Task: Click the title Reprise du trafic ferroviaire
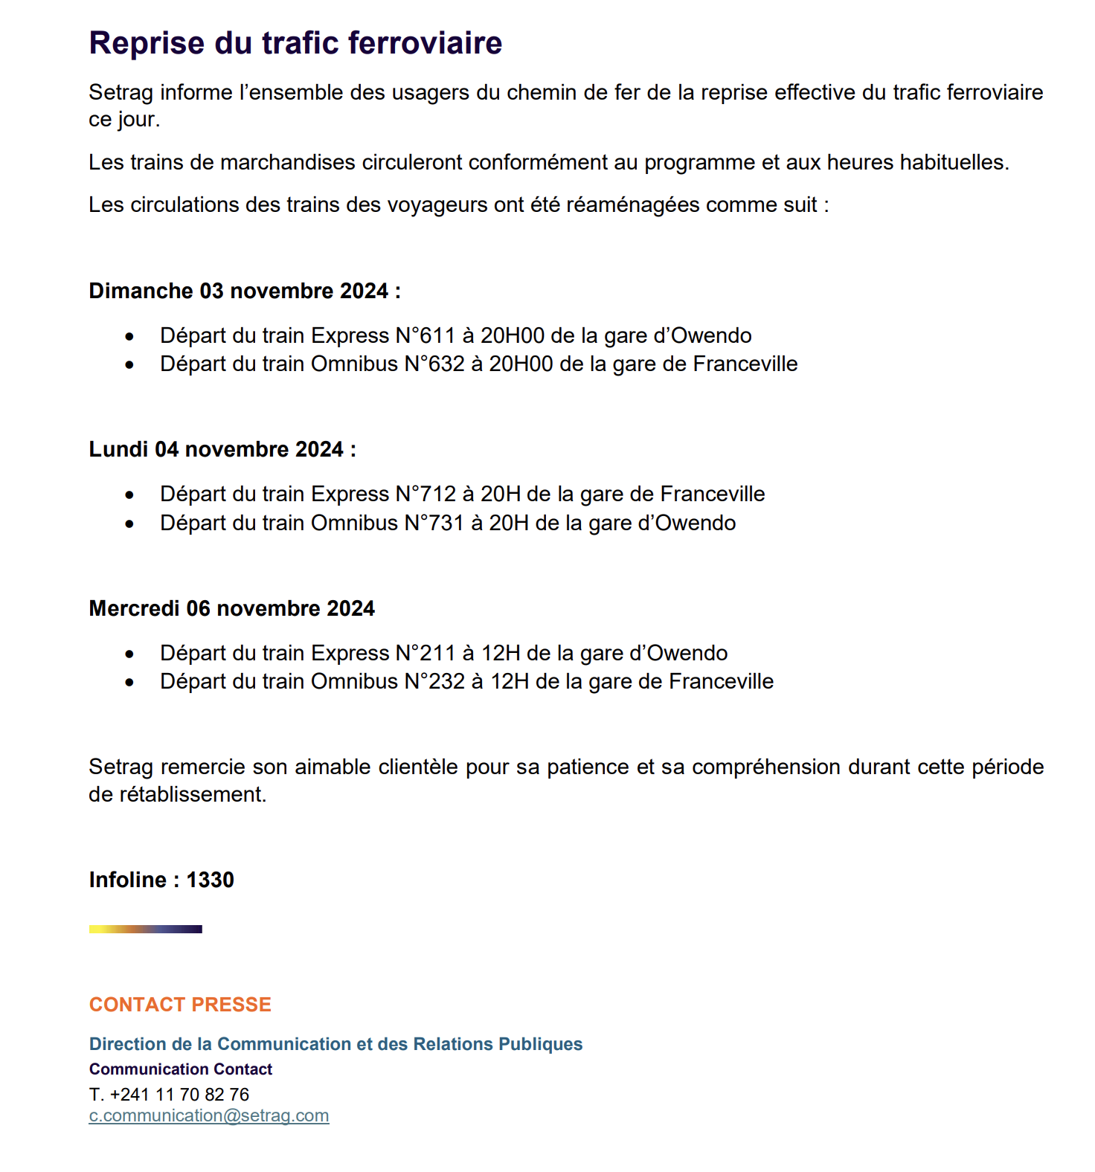(295, 43)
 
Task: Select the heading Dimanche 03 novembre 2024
(244, 291)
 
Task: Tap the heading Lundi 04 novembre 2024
(222, 449)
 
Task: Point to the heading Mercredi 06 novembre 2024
(231, 608)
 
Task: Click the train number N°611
(425, 335)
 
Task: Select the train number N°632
(434, 364)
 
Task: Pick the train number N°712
(425, 494)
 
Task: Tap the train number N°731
(434, 523)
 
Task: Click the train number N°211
(425, 653)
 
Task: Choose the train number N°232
(434, 681)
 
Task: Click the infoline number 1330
(210, 880)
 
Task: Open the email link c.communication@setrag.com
(209, 1115)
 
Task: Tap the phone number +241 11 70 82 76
(179, 1094)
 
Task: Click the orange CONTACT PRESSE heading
(180, 1005)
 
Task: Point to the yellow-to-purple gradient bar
(145, 929)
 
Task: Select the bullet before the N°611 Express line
(130, 337)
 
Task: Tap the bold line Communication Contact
(181, 1069)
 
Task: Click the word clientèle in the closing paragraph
(417, 767)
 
